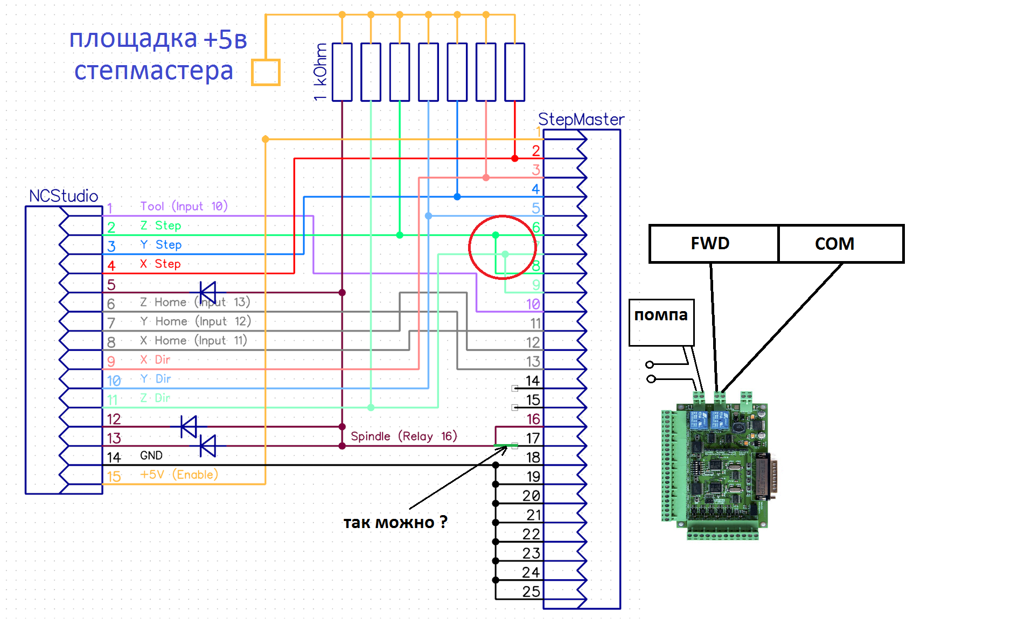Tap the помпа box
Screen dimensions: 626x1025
click(x=661, y=322)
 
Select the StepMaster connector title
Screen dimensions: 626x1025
click(x=581, y=119)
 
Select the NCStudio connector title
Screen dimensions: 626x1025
click(x=64, y=196)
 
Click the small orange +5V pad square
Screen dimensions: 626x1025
click(x=266, y=72)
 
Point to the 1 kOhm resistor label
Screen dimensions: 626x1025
click(x=320, y=72)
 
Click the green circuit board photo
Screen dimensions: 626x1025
click(x=716, y=466)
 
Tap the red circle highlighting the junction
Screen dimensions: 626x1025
click(x=502, y=248)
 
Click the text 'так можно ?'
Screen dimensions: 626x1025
click(x=395, y=522)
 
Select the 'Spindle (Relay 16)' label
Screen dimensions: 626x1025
click(x=403, y=436)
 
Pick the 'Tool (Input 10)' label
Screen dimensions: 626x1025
click(x=184, y=206)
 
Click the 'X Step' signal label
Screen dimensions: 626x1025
click(x=160, y=264)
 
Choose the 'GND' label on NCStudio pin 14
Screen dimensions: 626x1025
click(x=151, y=456)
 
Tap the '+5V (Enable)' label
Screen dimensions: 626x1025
click(x=179, y=475)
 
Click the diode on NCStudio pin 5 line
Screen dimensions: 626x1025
click(x=207, y=293)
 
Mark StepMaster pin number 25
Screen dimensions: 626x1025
click(x=531, y=592)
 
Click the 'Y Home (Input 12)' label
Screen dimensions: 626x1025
click(x=195, y=321)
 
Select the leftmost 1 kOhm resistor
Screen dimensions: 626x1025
click(x=342, y=72)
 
